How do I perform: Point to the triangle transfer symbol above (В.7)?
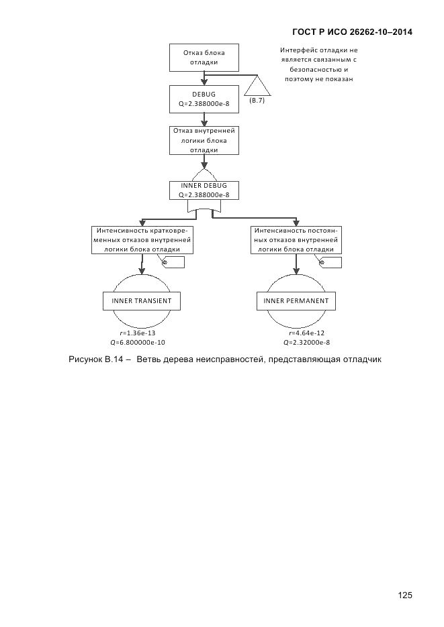[257, 87]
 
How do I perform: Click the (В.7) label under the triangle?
[257, 100]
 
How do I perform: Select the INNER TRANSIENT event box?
[142, 301]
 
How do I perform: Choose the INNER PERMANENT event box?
[296, 301]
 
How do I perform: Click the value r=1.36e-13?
[137, 333]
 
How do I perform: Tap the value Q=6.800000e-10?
[137, 342]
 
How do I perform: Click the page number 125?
[404, 595]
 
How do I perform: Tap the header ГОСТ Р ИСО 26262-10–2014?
[353, 32]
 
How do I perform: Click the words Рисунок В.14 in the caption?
[95, 359]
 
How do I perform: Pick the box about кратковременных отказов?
[142, 239]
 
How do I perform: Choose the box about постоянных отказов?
[296, 239]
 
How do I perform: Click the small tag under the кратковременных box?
[173, 264]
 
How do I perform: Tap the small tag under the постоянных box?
[329, 264]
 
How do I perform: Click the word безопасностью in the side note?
[319, 69]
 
